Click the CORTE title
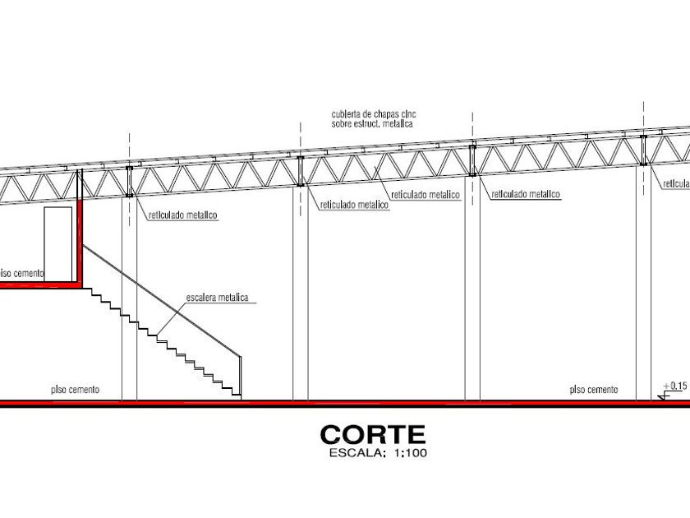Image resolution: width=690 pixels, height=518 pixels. [373, 433]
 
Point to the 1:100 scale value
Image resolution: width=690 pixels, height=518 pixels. [407, 451]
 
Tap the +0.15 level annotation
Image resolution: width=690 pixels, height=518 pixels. [674, 385]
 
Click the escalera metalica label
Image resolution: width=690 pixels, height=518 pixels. [218, 298]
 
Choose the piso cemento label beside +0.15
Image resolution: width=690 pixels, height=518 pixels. [593, 389]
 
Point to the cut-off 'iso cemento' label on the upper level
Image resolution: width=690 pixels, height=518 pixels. [22, 272]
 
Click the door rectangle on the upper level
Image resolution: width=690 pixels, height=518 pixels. [57, 244]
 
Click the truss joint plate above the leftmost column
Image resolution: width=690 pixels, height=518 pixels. [130, 183]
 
